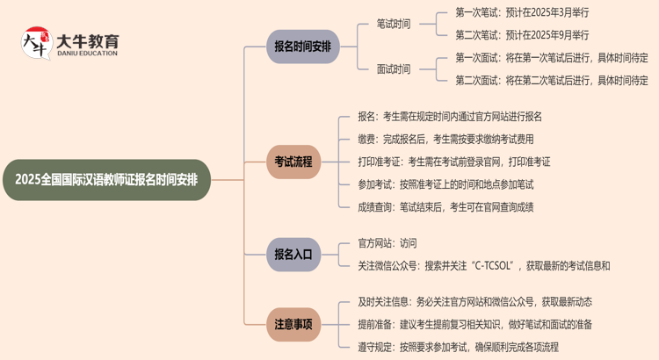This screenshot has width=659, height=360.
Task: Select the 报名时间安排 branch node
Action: click(302, 47)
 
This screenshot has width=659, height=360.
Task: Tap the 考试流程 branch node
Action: click(293, 162)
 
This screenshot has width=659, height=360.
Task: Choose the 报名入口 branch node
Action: click(293, 254)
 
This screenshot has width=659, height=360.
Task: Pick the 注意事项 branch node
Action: click(293, 324)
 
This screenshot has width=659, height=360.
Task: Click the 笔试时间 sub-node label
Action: click(393, 25)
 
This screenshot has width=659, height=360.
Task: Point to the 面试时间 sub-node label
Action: click(393, 69)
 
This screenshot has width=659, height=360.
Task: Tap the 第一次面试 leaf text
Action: click(551, 58)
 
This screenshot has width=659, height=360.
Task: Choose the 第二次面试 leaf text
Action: click(551, 81)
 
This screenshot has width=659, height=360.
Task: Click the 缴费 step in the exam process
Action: click(445, 139)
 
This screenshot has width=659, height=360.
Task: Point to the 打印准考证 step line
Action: click(453, 162)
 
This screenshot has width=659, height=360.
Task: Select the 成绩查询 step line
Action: click(445, 207)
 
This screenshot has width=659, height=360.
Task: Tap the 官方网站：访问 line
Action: click(387, 242)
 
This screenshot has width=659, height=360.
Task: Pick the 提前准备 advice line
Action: click(474, 324)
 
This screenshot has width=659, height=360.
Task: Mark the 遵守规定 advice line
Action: click(458, 347)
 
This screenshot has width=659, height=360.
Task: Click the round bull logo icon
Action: click(35, 43)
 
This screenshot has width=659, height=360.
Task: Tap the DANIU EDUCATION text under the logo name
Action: click(87, 54)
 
